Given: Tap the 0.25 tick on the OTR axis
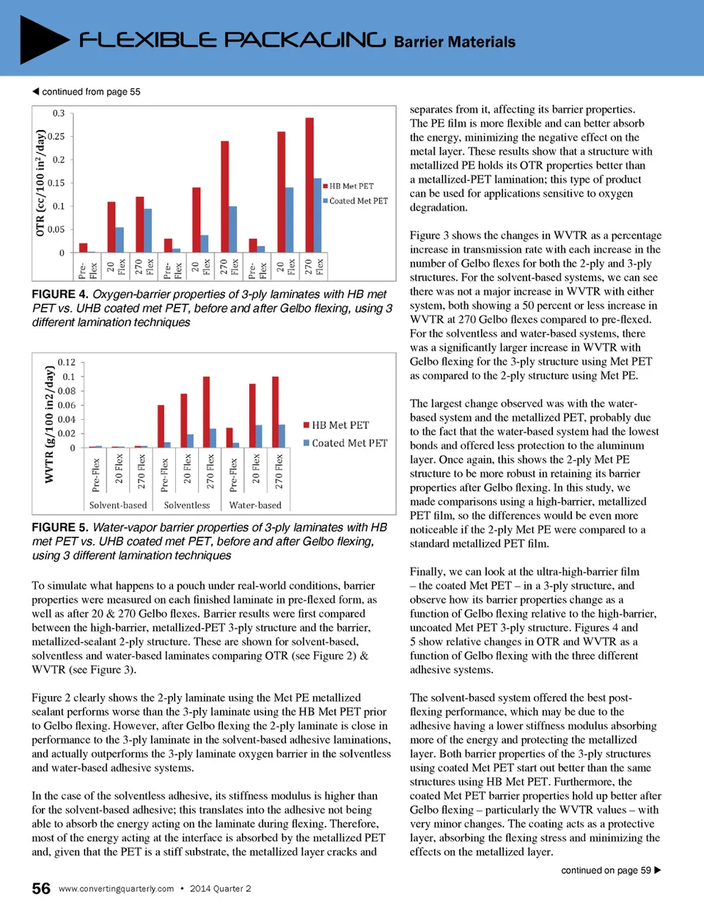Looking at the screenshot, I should (x=56, y=137).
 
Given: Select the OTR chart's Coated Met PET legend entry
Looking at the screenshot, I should (x=356, y=201).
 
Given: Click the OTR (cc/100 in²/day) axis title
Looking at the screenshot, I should (x=40, y=183).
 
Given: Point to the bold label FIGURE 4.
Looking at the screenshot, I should (x=60, y=294).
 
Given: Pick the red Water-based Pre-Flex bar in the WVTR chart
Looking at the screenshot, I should (x=230, y=438).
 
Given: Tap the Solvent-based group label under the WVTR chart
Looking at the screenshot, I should (x=118, y=505).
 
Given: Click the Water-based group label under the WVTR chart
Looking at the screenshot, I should (x=255, y=505).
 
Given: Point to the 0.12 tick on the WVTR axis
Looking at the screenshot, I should (x=67, y=363).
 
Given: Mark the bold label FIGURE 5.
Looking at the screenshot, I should (x=60, y=528).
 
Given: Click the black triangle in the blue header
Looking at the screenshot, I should (x=43, y=39).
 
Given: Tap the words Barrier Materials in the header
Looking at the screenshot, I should (x=455, y=42).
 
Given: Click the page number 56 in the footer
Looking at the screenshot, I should (x=41, y=888).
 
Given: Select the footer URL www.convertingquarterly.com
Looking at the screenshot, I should (x=117, y=888).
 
